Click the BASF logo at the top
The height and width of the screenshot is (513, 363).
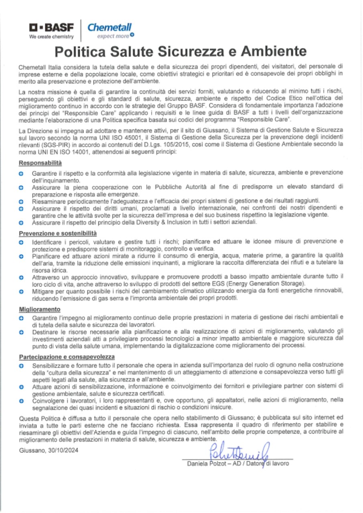(51, 28)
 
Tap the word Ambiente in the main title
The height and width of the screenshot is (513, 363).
(267, 52)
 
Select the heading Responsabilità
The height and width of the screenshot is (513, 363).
(40, 163)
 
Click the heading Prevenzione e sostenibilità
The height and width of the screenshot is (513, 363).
(58, 233)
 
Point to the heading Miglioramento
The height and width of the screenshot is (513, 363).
(40, 309)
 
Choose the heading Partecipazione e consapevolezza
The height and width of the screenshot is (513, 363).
(67, 356)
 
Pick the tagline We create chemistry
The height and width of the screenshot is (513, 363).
(51, 37)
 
